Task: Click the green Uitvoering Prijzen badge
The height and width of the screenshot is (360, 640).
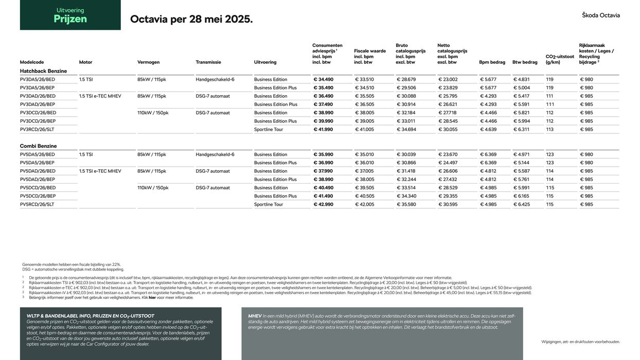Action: coord(70,15)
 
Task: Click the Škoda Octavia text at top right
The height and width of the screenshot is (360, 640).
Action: coord(600,15)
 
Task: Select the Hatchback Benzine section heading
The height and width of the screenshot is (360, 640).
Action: coord(43,71)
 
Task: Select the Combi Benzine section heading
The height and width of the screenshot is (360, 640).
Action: coord(38,146)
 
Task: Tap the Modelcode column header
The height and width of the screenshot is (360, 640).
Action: coord(32,62)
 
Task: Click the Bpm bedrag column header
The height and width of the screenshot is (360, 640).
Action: coord(492,62)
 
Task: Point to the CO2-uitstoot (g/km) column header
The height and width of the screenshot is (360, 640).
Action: coord(560,59)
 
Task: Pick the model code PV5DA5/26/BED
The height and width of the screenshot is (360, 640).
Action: coord(37,154)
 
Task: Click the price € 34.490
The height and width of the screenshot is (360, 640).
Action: coord(323,80)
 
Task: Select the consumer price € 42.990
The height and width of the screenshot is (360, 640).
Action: coord(323,205)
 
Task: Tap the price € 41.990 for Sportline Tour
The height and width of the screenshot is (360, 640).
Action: coord(323,130)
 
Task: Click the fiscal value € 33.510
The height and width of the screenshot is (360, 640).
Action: coord(364,80)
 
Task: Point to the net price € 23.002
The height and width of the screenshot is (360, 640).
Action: coord(448,80)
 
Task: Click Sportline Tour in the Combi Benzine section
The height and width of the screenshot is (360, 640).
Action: coord(269,205)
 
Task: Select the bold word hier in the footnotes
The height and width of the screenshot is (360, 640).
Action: coord(152,297)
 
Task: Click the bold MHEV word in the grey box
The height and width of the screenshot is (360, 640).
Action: coord(255,316)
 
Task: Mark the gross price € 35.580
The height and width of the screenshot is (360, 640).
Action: coord(406,205)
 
